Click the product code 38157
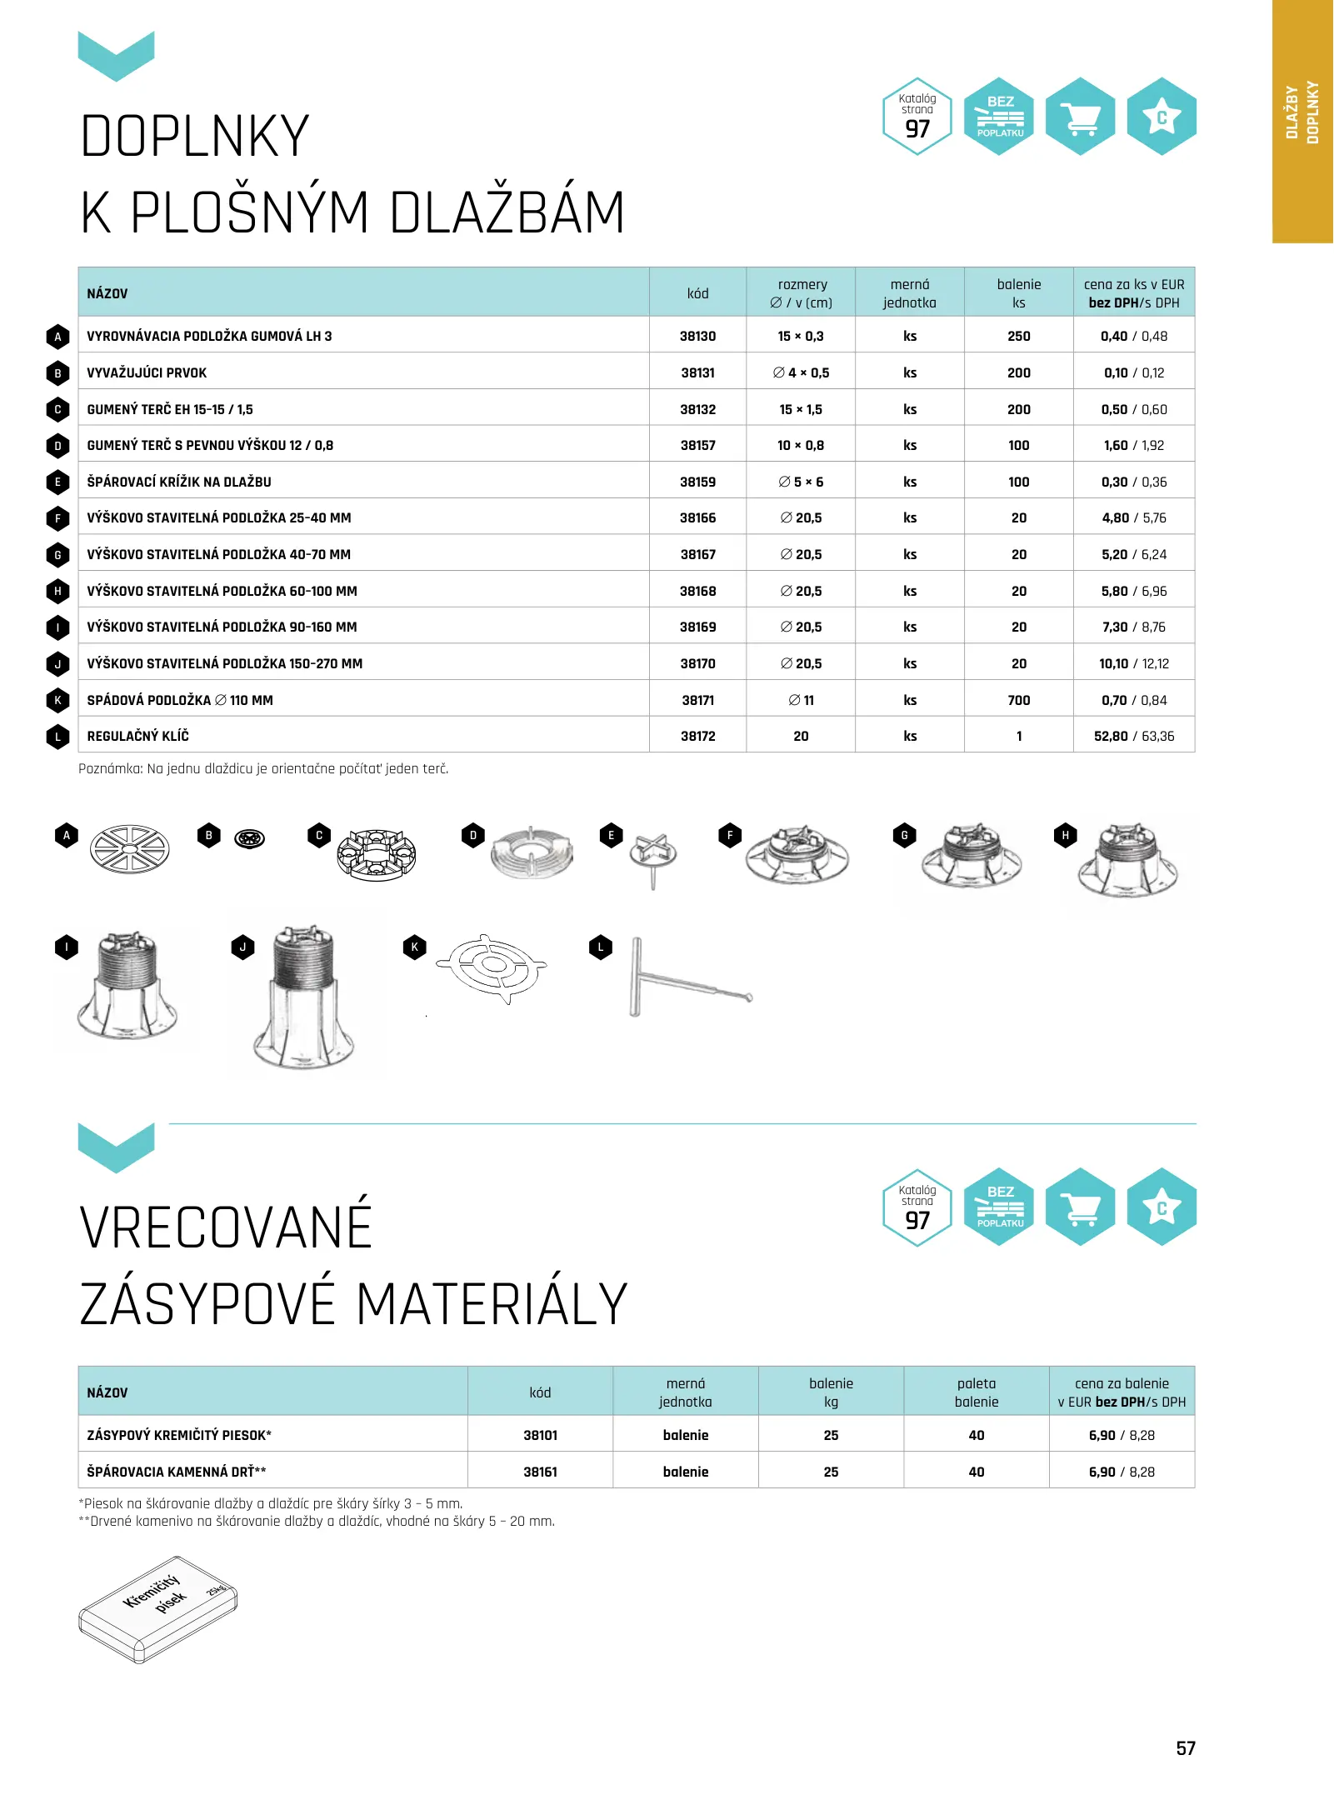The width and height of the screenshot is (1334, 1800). (697, 445)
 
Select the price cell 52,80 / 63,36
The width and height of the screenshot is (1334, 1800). (1133, 736)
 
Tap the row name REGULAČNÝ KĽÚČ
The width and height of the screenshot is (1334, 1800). (137, 736)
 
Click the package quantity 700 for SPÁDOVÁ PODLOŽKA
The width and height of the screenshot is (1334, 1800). (1018, 700)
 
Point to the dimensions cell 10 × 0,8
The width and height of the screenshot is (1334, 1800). (800, 445)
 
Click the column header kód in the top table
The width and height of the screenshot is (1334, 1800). (697, 293)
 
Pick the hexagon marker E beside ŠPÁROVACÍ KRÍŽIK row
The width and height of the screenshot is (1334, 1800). (57, 482)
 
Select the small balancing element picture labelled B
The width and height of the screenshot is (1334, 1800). (250, 838)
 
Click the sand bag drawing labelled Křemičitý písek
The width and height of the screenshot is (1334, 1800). (158, 1608)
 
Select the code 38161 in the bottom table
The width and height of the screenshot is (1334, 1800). (540, 1472)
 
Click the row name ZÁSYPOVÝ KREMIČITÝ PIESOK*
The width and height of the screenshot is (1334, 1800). (179, 1435)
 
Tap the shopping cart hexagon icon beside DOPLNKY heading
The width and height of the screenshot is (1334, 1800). (1080, 117)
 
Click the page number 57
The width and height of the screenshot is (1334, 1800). (1185, 1748)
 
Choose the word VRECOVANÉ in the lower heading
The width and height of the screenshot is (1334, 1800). (226, 1227)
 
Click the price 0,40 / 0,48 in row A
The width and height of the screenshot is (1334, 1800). (1133, 336)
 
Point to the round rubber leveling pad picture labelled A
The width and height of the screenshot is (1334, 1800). (129, 849)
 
